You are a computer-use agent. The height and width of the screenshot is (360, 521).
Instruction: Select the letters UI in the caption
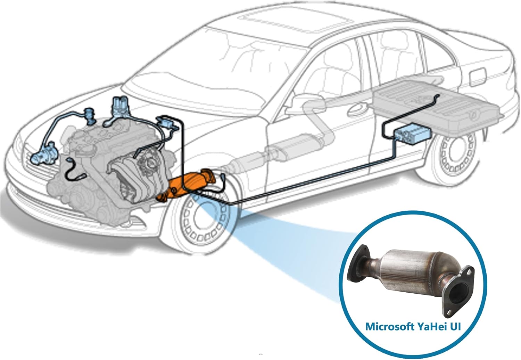coord(456,326)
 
